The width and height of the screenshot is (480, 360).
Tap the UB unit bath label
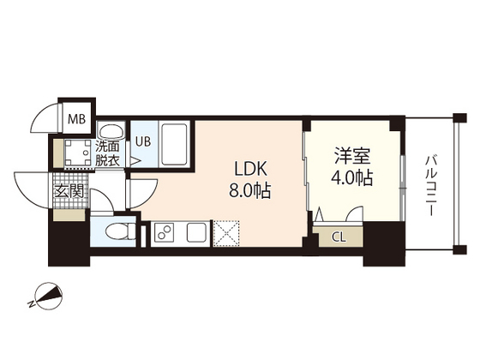[141, 141]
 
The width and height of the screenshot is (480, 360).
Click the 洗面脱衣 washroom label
[108, 153]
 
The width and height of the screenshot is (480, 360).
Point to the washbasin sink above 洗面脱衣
[108, 131]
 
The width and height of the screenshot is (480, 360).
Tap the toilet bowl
[118, 231]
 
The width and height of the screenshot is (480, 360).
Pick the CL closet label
[339, 237]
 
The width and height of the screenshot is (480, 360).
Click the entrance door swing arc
[30, 187]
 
